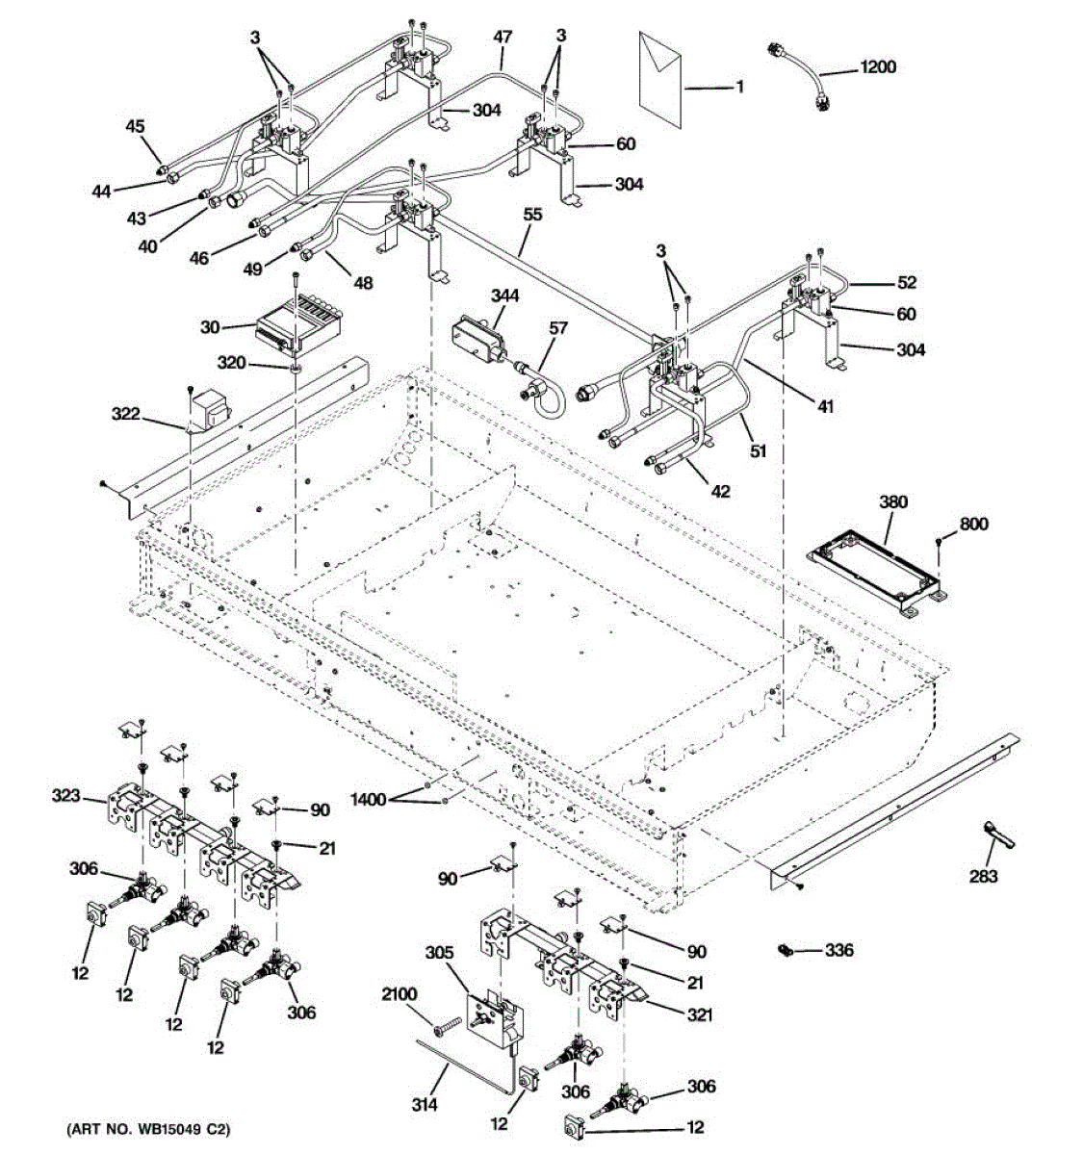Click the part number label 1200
[877, 67]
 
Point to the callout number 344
[503, 295]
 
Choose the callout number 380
[893, 502]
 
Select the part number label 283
[983, 876]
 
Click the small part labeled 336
[785, 951]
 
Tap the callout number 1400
[368, 799]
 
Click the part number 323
[66, 795]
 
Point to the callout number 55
[532, 215]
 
